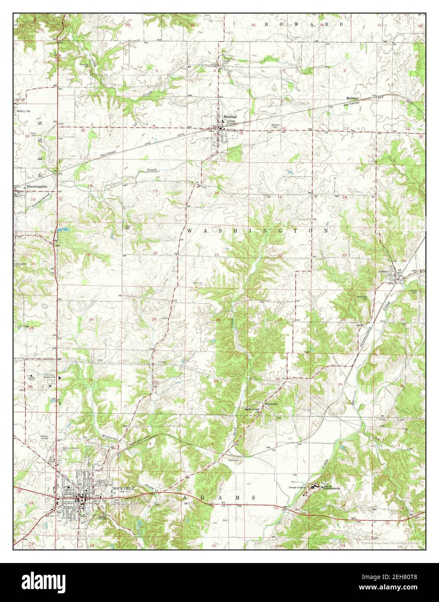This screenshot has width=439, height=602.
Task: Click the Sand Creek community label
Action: click(252, 409)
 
